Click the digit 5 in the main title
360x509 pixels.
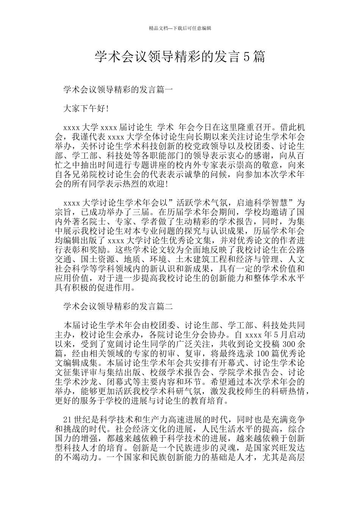[x=246, y=57]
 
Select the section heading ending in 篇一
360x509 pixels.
[x=118, y=90]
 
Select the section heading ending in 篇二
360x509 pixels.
[x=118, y=307]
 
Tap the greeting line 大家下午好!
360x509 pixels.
[x=86, y=109]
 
